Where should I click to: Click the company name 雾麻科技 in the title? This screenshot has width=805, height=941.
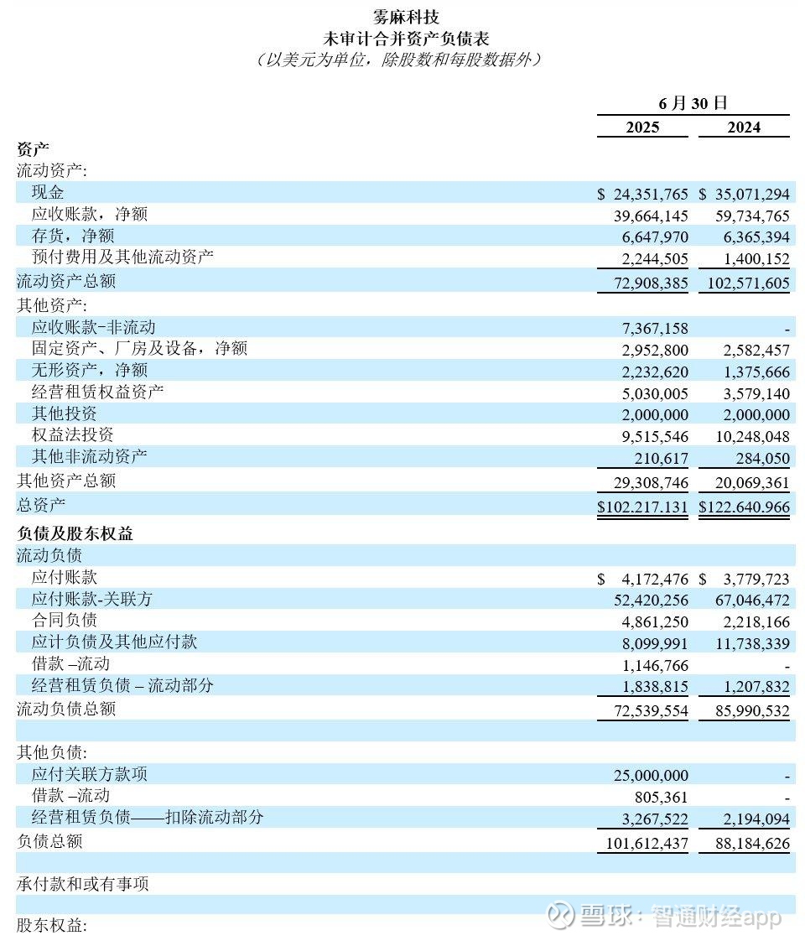(406, 17)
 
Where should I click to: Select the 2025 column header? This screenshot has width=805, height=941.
(642, 127)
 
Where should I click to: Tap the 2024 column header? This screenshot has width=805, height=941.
(743, 127)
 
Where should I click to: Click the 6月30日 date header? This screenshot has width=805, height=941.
(693, 103)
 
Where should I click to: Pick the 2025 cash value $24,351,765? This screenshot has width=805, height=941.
(642, 194)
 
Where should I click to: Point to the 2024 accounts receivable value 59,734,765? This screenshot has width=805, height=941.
(744, 216)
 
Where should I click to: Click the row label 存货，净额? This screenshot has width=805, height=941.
(73, 237)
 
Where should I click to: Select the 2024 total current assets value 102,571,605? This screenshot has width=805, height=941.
(744, 283)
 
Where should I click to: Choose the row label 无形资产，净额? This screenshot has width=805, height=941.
(90, 370)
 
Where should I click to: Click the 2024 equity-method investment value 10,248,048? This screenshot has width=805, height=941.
(744, 435)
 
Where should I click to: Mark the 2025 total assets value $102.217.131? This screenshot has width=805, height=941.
(642, 507)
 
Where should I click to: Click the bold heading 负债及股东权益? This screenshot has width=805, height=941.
(75, 533)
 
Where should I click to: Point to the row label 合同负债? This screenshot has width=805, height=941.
(65, 621)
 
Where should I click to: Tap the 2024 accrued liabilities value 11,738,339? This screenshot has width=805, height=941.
(744, 643)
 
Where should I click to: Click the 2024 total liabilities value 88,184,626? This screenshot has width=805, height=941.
(744, 843)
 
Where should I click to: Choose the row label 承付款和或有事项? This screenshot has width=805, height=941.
(83, 884)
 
